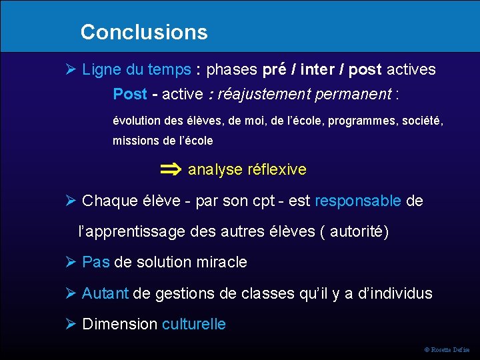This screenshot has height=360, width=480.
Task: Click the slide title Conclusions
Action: [143, 32]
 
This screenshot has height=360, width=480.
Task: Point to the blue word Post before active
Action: [129, 94]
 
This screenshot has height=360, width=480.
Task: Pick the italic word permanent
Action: [353, 94]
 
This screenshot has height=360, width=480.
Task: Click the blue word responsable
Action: [357, 201]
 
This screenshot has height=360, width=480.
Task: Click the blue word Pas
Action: [95, 262]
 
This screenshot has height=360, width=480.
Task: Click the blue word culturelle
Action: [193, 324]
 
